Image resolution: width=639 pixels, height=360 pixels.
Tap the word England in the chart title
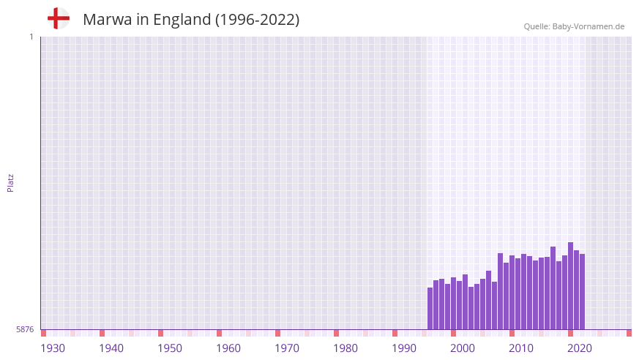coord(181,20)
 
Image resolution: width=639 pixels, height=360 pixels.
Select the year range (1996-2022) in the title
coord(257,20)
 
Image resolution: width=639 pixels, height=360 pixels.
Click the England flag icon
coord(59,18)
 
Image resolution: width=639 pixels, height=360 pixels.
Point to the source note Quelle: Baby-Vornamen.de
coord(574,26)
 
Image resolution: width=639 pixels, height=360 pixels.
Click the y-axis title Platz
coord(10,183)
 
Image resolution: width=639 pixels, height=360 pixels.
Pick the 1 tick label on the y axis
coord(31,37)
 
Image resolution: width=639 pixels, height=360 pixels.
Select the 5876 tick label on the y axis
coord(25,330)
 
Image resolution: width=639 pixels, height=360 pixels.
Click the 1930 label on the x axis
coord(53,348)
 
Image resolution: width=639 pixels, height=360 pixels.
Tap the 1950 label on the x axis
coord(170,348)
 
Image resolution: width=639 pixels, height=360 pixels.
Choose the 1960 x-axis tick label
coord(228,348)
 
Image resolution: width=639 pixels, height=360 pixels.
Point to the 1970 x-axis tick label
coord(287,348)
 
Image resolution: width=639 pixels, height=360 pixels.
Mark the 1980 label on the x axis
coord(345,348)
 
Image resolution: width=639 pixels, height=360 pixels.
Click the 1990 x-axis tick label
coord(404,348)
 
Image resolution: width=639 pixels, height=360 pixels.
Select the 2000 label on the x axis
coord(463,348)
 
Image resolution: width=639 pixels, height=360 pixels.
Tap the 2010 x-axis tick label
coord(521,348)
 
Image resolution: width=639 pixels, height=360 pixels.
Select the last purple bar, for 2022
coord(583,292)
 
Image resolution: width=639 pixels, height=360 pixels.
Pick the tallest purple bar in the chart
coord(571,286)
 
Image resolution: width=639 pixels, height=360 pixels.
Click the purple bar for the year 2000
coord(454,304)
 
